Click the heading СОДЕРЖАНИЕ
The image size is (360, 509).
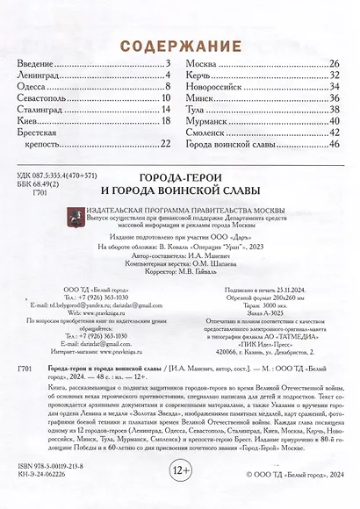pyautogui.click(x=180, y=45)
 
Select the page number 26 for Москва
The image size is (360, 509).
pyautogui.click(x=334, y=65)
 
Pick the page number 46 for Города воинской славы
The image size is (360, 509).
pyautogui.click(x=334, y=144)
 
